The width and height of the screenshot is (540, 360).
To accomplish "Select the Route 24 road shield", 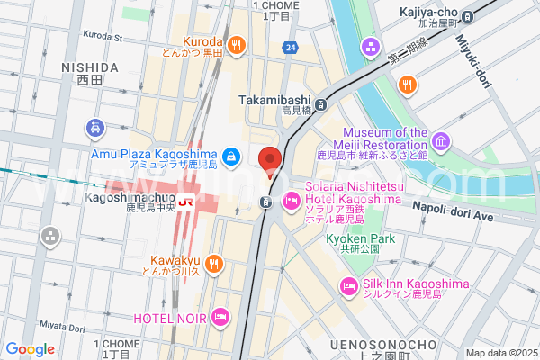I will [291, 47].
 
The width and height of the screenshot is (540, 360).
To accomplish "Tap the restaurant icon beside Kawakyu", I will [213, 263].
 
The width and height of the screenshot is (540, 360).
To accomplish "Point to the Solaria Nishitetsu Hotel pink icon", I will [292, 201].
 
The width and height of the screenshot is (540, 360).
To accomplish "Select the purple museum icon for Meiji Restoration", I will [441, 141].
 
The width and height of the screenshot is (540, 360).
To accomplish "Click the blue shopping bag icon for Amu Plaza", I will [232, 157].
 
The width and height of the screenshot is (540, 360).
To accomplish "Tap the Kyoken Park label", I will [361, 239].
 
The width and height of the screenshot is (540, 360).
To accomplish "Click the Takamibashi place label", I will [274, 101].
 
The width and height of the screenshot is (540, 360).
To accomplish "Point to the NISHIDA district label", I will [90, 67].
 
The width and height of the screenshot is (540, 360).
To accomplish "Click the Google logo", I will [30, 348].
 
